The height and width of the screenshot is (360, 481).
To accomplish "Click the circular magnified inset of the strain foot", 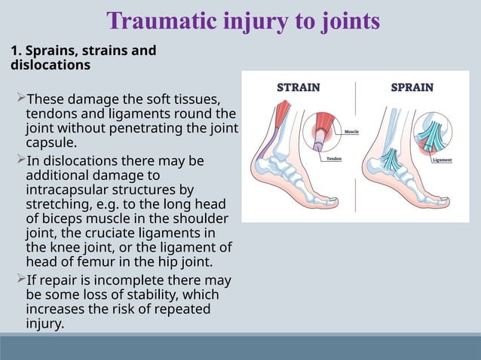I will point(323,133).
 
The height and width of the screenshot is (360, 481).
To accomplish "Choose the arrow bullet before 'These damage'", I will point(20,99).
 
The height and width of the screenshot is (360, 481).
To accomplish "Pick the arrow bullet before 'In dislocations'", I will point(20,161).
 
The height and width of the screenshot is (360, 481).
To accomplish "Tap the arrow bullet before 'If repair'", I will point(20,280).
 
